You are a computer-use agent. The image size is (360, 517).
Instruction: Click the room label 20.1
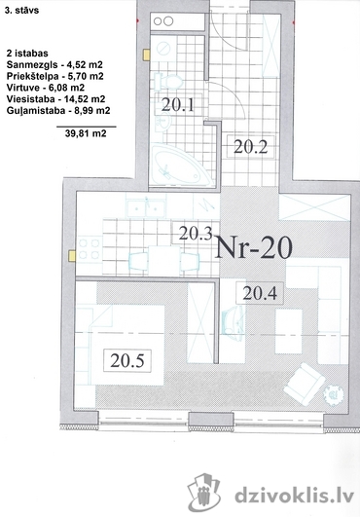pos(178,105)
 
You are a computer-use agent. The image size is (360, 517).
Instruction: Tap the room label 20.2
pos(250,147)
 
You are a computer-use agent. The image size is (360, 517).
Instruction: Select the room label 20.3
pos(196,234)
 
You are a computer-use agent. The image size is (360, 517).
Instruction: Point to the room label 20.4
pos(260,293)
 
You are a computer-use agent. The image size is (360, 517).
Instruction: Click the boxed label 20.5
pos(127,360)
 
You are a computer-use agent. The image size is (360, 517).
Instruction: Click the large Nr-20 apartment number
pos(253,247)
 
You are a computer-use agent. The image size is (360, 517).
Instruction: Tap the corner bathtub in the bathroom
pos(182,166)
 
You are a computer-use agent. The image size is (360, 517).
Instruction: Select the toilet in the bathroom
pos(168,81)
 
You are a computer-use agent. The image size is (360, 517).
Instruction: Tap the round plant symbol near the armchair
pos(334,394)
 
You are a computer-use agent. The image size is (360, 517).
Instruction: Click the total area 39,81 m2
pos(86,133)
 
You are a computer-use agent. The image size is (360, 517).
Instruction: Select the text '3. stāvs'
pos(22,10)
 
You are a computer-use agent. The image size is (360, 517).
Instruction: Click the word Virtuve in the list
pos(21,88)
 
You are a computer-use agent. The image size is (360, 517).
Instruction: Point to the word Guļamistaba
pos(36,111)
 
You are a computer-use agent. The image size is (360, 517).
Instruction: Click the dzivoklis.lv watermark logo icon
pos(204,492)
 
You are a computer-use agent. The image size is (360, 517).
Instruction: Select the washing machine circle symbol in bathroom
pos(162,50)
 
